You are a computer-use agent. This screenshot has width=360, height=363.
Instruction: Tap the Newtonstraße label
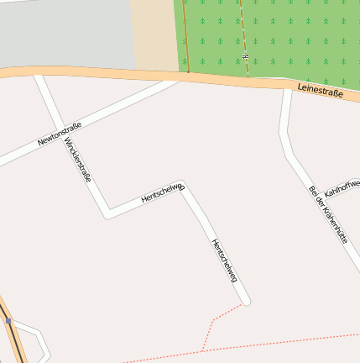[x=60, y=134]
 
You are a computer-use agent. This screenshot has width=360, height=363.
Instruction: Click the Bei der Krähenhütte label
[x=328, y=214]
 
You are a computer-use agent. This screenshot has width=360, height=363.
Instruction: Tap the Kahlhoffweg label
[x=342, y=186]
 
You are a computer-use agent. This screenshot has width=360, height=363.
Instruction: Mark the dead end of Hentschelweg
[x=246, y=301]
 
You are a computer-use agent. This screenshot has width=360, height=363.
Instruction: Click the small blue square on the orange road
[x=8, y=320]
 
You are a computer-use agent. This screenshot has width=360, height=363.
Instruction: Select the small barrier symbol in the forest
[x=246, y=56]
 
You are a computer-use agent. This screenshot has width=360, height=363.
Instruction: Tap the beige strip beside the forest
[x=155, y=34]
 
